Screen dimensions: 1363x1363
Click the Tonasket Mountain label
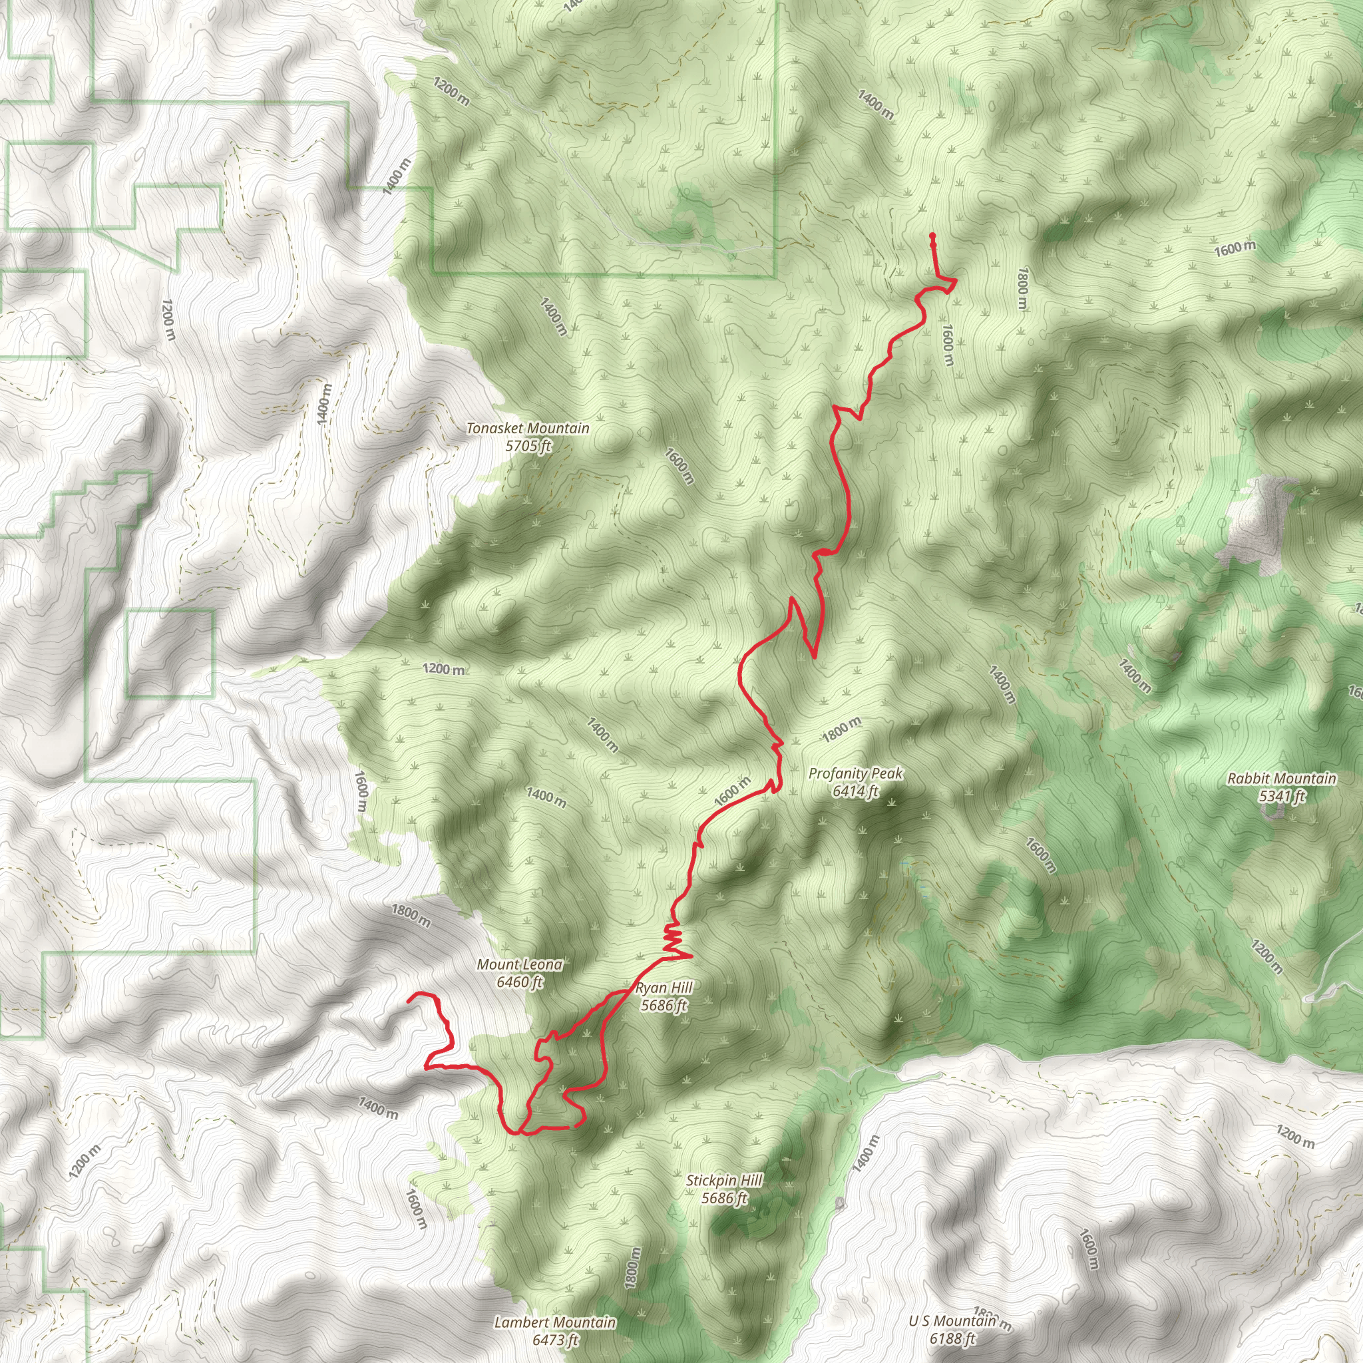coord(528,428)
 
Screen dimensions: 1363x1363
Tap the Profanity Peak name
coord(855,774)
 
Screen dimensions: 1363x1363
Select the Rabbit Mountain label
coord(1281,779)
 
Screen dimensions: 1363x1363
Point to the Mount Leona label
coord(520,964)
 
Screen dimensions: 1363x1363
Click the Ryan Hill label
coord(664,988)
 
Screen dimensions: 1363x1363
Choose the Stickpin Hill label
coord(725,1180)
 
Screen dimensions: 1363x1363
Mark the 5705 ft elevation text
coord(528,446)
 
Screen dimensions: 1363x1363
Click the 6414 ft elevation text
coord(855,791)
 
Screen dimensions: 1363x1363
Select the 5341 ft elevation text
coord(1281,797)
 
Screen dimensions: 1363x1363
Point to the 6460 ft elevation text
coord(520,982)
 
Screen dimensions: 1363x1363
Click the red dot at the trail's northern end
coord(932,236)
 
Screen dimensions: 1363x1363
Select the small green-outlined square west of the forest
coord(170,654)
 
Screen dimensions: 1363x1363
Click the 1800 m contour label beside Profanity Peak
coord(842,729)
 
